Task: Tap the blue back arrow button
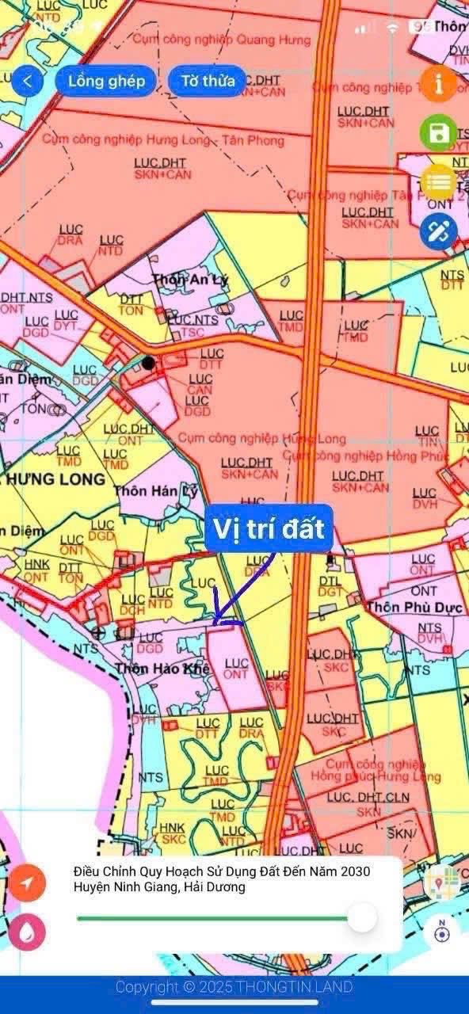[28, 81]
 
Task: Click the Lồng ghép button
[106, 81]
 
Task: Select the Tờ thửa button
[208, 81]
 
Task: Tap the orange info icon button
[438, 83]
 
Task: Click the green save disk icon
[438, 133]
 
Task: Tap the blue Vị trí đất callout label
[268, 528]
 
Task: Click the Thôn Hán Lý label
[147, 490]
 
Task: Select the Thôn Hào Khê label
[162, 669]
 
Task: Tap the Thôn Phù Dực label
[403, 607]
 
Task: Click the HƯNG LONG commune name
[57, 479]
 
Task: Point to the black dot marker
[148, 363]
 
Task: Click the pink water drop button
[28, 932]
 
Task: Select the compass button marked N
[441, 932]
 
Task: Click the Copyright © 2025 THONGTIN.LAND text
[234, 987]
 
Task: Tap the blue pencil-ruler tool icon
[438, 231]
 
